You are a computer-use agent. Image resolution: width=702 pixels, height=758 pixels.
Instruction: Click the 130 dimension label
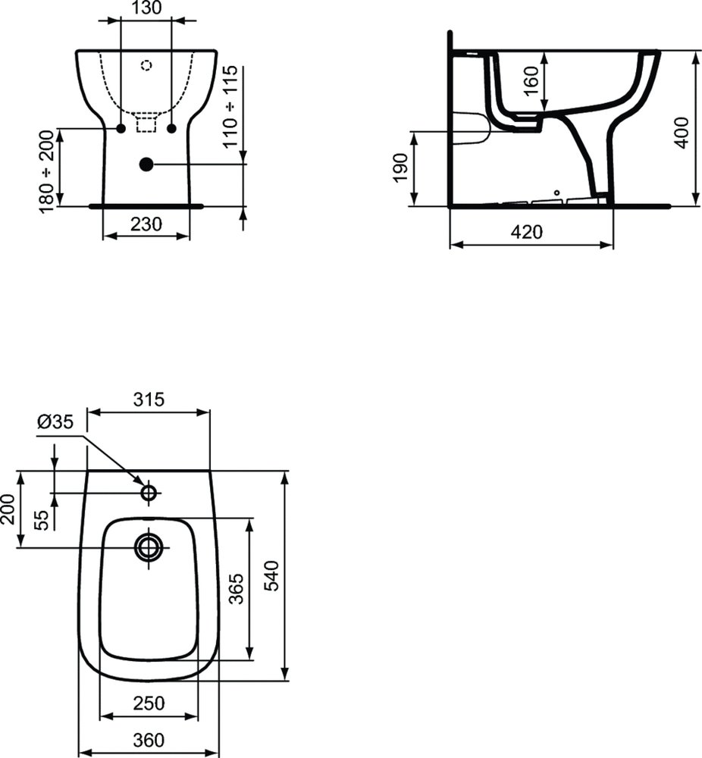146,8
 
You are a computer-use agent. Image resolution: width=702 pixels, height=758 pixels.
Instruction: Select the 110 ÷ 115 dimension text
230,106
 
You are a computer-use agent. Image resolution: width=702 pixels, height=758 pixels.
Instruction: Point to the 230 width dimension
146,224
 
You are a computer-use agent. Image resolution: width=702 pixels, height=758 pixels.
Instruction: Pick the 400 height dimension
682,132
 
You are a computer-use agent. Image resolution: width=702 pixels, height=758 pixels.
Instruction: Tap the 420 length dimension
526,233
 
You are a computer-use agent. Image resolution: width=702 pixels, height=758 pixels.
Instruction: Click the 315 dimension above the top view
149,399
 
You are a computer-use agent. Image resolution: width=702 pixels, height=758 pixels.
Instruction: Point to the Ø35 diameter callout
55,422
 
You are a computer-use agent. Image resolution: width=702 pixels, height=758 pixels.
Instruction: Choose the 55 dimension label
42,518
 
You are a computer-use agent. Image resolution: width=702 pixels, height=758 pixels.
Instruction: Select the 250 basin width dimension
149,703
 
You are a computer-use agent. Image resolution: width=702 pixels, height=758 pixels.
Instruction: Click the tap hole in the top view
149,493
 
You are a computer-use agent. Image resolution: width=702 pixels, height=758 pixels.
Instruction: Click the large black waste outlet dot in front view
146,164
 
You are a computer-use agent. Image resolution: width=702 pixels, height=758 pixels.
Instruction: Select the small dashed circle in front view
146,66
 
